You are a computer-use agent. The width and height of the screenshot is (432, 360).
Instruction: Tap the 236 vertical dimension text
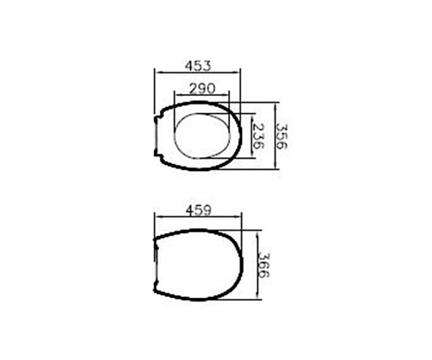coord(257,136)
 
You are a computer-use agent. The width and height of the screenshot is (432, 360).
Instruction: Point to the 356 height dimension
coord(283,136)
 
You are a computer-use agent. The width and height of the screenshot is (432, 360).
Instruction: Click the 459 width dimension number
coord(199,209)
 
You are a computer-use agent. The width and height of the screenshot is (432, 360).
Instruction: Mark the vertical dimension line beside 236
coord(249,136)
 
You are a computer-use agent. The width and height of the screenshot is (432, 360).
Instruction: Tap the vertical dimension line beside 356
coord(274,136)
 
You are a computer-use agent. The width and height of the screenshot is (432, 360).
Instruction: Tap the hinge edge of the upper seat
coord(157,136)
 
